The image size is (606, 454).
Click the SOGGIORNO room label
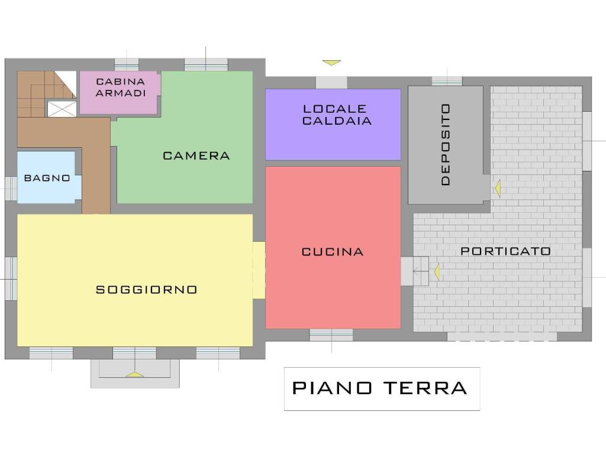(x=147, y=290)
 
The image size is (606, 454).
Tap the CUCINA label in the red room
(x=333, y=252)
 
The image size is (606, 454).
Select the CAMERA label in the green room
(x=196, y=155)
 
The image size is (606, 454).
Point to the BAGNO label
(x=47, y=178)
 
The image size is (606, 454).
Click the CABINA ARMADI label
(x=121, y=87)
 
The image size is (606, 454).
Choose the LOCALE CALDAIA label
(x=337, y=115)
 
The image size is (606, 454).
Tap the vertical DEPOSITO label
(x=446, y=144)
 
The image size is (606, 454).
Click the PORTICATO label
(x=505, y=251)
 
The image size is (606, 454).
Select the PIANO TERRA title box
(x=382, y=389)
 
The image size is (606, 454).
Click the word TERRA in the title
(x=425, y=388)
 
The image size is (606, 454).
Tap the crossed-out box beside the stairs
(x=62, y=109)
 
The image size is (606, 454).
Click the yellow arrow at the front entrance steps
(x=134, y=374)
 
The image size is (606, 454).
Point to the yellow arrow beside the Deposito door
(x=498, y=189)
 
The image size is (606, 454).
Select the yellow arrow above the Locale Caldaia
(x=331, y=63)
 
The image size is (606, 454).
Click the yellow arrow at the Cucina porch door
(x=437, y=272)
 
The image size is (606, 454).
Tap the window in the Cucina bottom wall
(x=331, y=335)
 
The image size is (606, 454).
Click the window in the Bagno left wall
(x=11, y=189)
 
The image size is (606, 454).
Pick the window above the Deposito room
(x=447, y=82)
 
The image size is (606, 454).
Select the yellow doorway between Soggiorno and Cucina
(x=259, y=270)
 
